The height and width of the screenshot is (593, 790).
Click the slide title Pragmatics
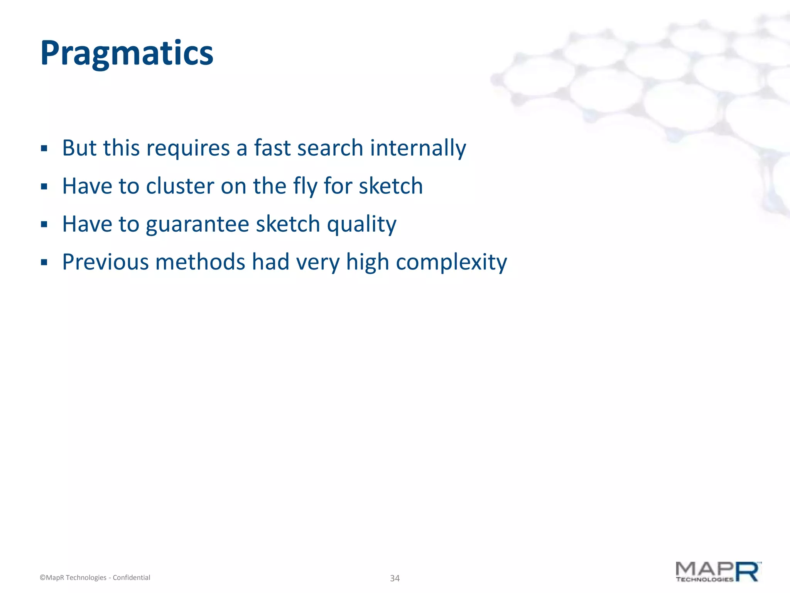tap(127, 53)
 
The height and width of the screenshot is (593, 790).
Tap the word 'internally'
tap(418, 148)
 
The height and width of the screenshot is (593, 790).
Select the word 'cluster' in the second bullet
tap(180, 186)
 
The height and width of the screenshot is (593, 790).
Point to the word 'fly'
tap(305, 186)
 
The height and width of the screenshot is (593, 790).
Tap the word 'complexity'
tap(451, 262)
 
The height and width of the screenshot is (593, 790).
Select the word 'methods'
tap(200, 262)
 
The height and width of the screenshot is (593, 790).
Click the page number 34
tap(395, 578)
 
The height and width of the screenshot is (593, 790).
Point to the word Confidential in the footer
tap(131, 578)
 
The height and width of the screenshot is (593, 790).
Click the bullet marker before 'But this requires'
tap(44, 149)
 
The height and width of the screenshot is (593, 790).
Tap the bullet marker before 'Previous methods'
tap(44, 263)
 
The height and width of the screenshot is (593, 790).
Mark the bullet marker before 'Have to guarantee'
tap(44, 225)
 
